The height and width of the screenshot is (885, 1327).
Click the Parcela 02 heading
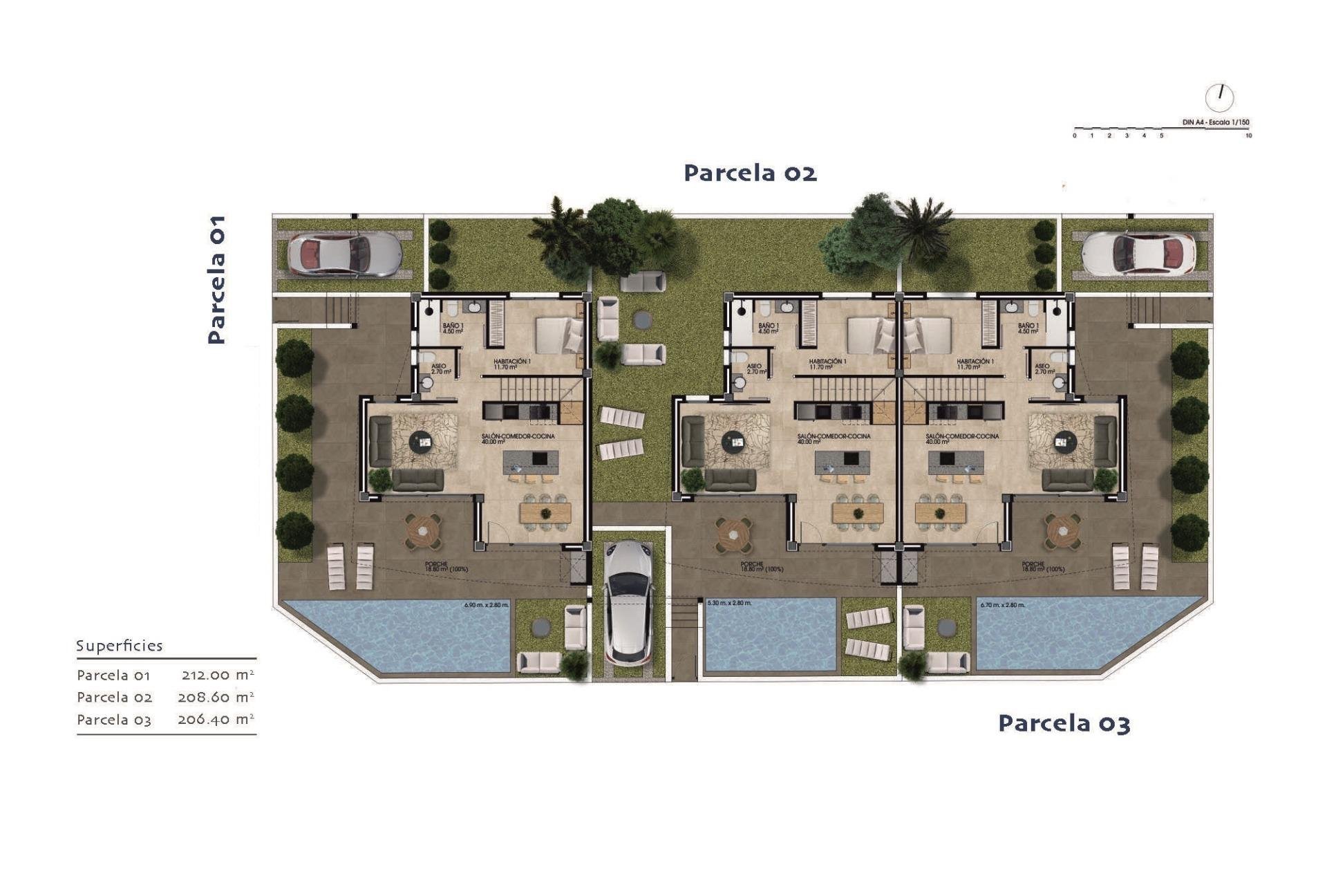click(750, 172)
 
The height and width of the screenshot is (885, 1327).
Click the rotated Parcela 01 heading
click(217, 279)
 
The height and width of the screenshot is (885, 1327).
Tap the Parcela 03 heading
click(1064, 723)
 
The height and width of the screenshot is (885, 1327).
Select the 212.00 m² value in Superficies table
click(217, 675)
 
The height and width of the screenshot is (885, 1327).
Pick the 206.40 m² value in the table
click(216, 719)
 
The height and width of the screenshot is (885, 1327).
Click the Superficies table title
click(119, 646)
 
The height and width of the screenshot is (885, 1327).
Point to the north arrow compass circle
click(1219, 97)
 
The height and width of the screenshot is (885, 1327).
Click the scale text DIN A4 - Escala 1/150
click(1216, 122)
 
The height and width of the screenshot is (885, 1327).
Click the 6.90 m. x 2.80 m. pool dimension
click(487, 605)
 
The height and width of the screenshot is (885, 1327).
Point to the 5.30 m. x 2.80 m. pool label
click(729, 604)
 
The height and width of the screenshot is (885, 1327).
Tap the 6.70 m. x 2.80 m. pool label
click(1002, 605)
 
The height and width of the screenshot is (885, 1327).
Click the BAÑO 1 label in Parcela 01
click(453, 328)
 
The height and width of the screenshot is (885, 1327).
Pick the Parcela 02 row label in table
click(114, 697)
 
